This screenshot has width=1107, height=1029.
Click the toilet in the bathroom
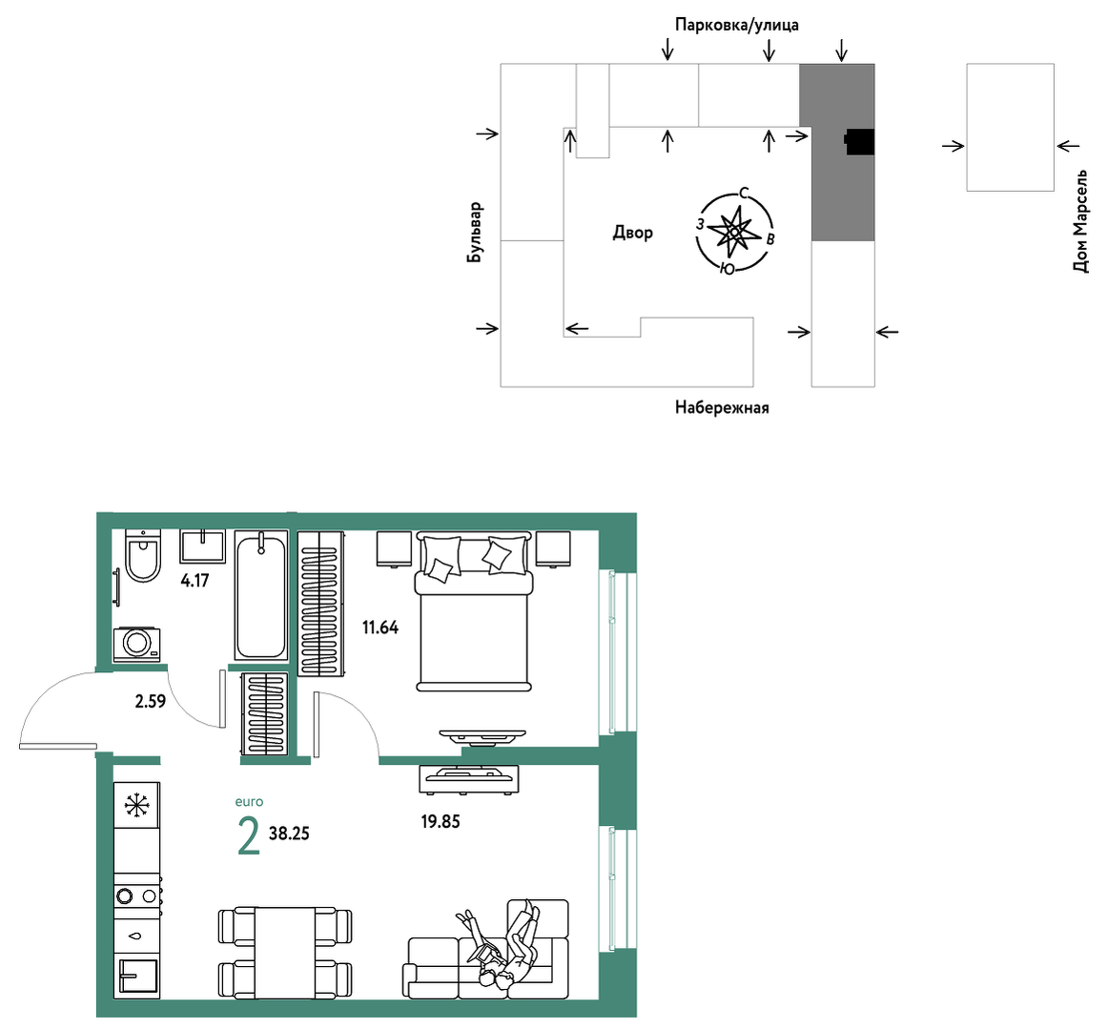143,556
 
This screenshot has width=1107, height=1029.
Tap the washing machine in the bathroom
137,644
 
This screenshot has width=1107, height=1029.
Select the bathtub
261,596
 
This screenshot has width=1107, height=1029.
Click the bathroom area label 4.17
195,581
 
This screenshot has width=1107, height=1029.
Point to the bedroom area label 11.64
380,628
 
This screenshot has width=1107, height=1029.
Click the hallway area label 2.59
151,701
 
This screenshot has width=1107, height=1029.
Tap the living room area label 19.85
441,821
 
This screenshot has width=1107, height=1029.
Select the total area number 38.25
290,833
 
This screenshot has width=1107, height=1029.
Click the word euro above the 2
249,802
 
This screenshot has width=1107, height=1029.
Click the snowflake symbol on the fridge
137,805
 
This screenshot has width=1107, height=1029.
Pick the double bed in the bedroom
474,611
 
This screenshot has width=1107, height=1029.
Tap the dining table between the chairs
285,953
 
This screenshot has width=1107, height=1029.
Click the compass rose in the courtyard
735,232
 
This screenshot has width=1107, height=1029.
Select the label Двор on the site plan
632,233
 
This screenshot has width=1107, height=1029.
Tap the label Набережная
722,407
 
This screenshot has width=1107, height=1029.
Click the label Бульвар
475,233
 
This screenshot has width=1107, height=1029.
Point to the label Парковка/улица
737,25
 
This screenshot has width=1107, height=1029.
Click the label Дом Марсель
1080,220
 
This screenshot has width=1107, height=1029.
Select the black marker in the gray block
860,142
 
